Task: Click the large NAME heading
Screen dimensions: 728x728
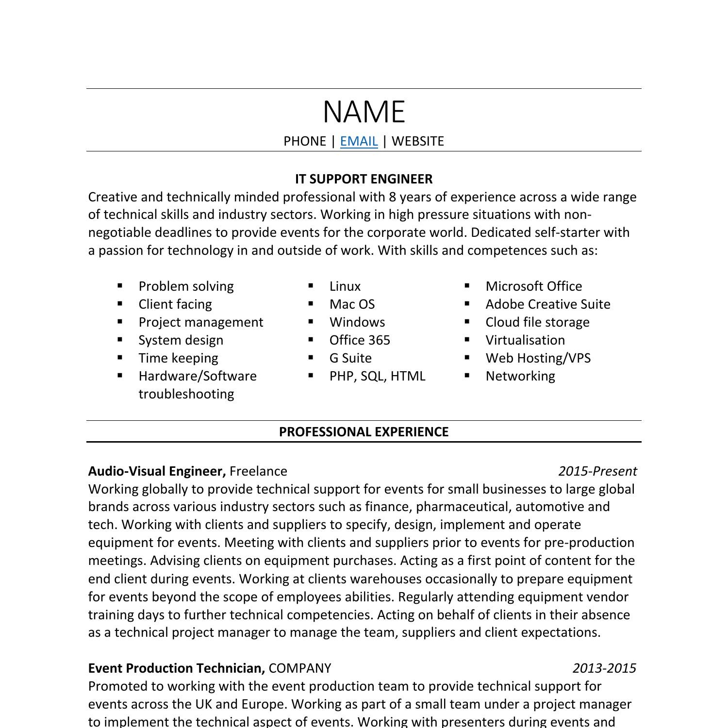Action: [364, 112]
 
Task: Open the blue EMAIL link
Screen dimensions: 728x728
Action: [359, 141]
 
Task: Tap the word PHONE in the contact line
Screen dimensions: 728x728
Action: [304, 141]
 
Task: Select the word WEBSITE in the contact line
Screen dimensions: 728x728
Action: [417, 141]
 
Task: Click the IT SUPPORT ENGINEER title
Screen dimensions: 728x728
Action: [364, 179]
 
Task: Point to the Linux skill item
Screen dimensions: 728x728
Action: [345, 286]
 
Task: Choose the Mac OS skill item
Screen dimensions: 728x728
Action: [352, 304]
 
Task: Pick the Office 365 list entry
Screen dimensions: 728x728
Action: [359, 340]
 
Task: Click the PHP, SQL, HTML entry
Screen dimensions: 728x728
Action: [377, 376]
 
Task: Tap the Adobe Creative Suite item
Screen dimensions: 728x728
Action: [547, 304]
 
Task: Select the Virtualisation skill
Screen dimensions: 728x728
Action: [525, 340]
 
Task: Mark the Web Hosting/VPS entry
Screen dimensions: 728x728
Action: [538, 358]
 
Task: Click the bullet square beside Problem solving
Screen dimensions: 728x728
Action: [120, 286]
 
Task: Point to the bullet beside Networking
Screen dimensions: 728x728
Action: [467, 375]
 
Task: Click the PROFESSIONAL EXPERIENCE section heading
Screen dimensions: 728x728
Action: [364, 432]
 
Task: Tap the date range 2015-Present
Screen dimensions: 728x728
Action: [597, 471]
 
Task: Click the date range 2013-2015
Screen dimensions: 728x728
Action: [604, 668]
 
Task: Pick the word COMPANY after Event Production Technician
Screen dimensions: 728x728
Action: [299, 668]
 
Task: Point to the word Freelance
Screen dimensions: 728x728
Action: [258, 471]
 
